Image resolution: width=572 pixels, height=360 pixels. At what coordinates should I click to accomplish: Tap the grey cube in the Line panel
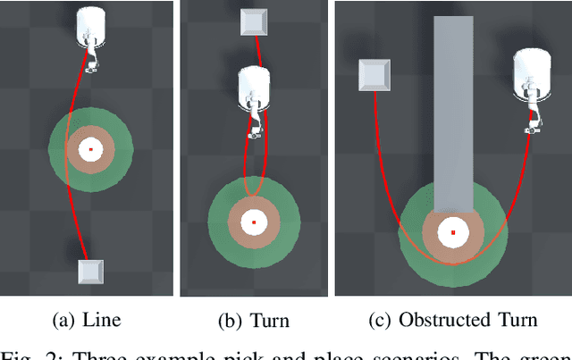tap(89, 272)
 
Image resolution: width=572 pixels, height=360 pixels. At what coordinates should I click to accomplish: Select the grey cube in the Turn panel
tap(254, 22)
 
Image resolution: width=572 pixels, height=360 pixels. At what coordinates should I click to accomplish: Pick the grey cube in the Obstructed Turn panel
tap(374, 75)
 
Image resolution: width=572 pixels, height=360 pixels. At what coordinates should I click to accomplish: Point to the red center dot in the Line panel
tap(89, 149)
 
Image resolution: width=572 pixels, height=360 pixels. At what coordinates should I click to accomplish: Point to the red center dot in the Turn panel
tap(254, 222)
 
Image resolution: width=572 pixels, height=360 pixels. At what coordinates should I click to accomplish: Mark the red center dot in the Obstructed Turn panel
tap(453, 232)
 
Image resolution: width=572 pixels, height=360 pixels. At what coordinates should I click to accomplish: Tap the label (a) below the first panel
tap(66, 320)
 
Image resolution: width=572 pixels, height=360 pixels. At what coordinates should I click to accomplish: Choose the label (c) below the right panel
tap(380, 320)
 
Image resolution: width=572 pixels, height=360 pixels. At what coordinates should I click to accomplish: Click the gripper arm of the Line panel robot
tap(91, 59)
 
